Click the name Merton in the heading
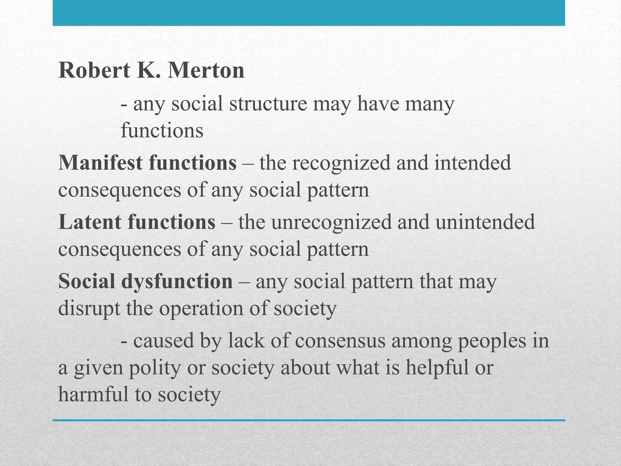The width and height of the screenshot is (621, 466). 206,70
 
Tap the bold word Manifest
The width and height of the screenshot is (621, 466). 100,163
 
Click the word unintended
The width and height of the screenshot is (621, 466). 485,222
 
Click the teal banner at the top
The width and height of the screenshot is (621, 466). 309,13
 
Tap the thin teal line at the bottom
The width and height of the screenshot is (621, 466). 309,420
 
